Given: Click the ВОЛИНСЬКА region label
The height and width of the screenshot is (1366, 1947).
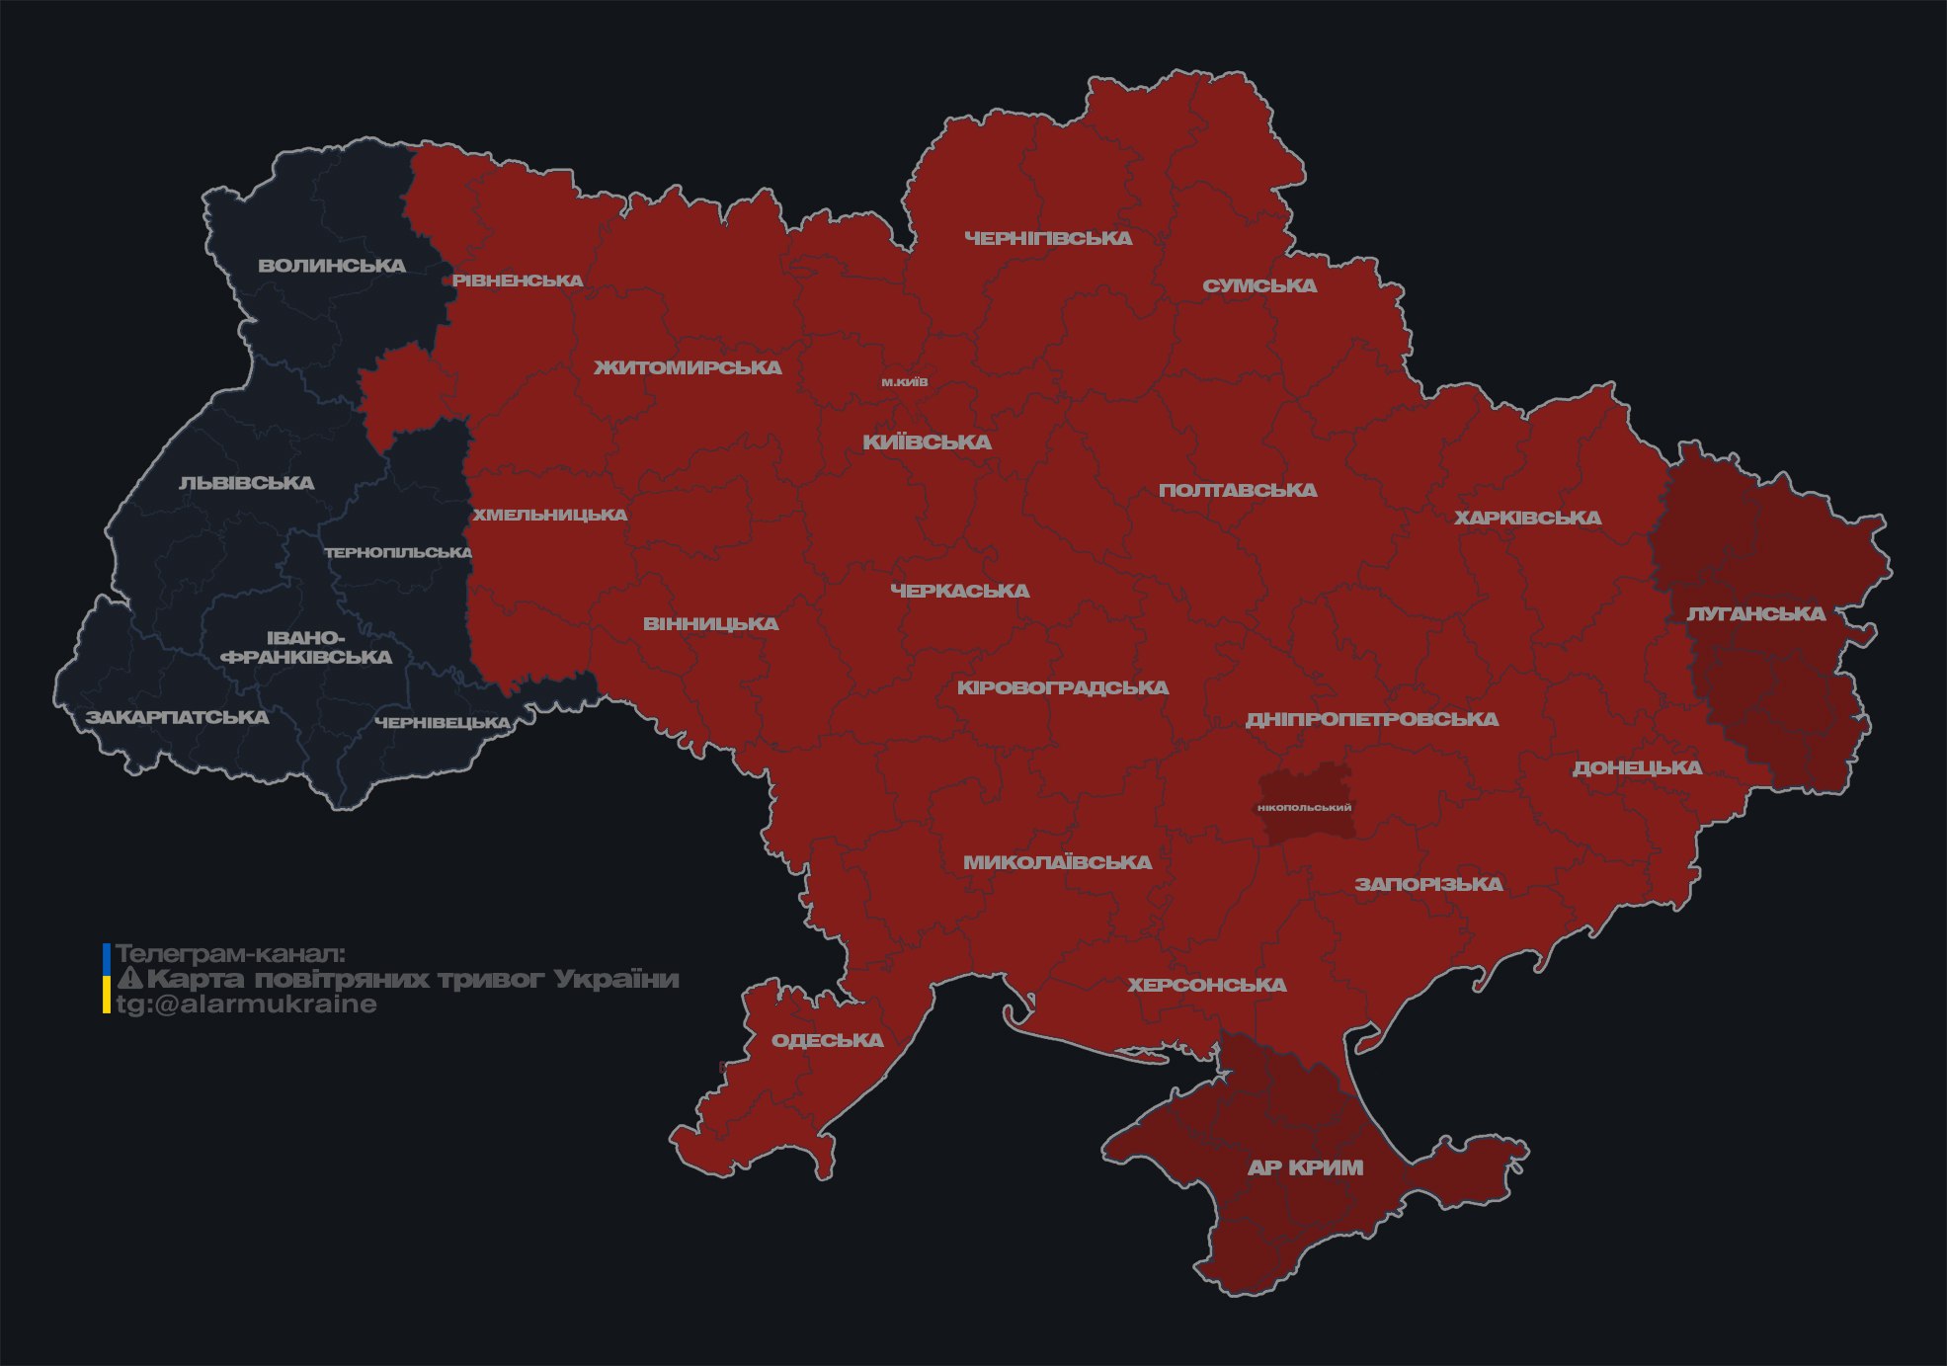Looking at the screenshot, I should click(x=332, y=266).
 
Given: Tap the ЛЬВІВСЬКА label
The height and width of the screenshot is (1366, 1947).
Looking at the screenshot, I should click(x=247, y=483).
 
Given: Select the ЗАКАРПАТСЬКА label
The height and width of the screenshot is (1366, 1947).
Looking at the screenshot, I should click(x=177, y=717).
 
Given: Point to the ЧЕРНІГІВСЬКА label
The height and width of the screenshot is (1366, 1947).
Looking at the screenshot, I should click(x=1048, y=238).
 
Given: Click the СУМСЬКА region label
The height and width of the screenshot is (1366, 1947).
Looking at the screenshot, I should click(x=1259, y=285).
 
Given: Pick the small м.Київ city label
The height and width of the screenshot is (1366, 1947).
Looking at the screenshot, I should click(x=905, y=382).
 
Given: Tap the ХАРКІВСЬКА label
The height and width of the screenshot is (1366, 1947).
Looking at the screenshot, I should click(x=1527, y=518).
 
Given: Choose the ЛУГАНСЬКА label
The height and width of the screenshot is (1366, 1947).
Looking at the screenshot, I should click(x=1755, y=613).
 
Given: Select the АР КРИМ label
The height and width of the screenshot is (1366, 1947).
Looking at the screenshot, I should click(x=1305, y=1167).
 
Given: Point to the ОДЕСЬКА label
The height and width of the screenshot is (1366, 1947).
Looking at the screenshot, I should click(x=827, y=1040).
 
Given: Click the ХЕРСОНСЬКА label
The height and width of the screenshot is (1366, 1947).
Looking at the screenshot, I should click(x=1207, y=985).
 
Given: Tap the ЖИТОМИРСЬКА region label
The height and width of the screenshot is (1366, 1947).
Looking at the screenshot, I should click(x=688, y=367).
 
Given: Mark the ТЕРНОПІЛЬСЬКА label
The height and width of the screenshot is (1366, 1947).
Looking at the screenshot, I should click(x=398, y=552).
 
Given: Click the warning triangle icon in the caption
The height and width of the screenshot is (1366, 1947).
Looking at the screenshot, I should click(x=129, y=979).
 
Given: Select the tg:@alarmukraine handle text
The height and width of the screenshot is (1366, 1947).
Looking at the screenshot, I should click(x=246, y=1004).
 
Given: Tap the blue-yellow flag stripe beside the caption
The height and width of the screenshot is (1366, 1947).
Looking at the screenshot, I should click(x=107, y=979).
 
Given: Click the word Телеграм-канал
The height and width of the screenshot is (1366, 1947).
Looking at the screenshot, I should click(x=230, y=953).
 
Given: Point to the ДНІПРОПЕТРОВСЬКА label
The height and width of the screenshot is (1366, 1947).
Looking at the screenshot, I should click(x=1372, y=719).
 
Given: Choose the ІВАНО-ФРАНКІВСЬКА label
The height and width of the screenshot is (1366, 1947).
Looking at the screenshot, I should click(x=306, y=648).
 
